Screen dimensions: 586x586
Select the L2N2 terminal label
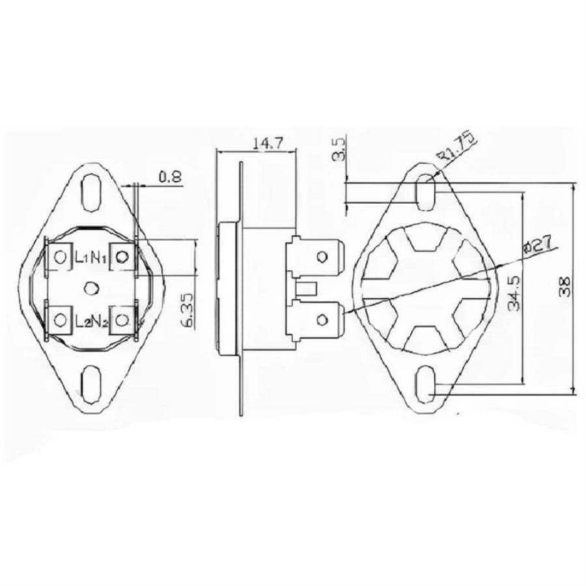90,320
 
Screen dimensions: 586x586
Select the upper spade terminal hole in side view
322,257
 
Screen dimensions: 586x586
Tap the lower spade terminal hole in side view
322,318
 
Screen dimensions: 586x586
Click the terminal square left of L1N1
60,257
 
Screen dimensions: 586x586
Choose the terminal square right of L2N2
121,320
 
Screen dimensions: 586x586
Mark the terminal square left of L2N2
60,320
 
